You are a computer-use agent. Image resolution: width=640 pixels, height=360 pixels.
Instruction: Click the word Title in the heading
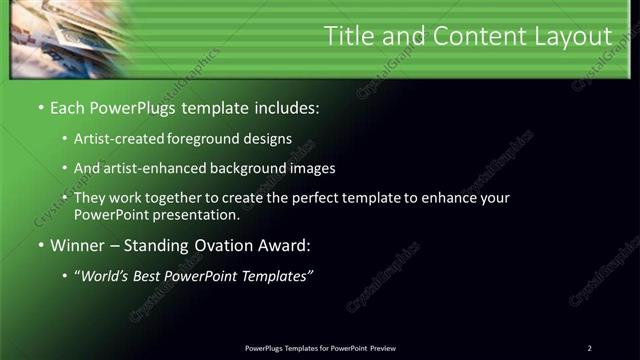tap(349, 37)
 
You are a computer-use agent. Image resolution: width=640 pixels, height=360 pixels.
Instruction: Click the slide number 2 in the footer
tap(589, 348)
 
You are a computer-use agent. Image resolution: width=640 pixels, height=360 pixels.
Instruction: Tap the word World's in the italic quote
tap(103, 276)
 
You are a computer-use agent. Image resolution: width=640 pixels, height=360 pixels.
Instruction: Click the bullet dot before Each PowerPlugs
tap(40, 106)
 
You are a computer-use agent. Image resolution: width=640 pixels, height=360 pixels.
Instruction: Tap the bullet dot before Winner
tap(40, 244)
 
